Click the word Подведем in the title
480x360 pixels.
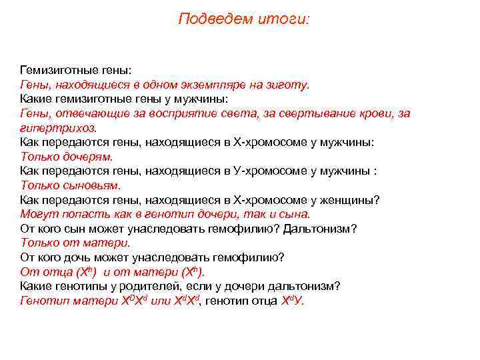pyautogui.click(x=206, y=19)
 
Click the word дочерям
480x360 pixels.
pyautogui.click(x=87, y=157)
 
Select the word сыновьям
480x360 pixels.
pyautogui.click(x=91, y=185)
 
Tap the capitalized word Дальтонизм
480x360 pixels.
pyautogui.click(x=320, y=229)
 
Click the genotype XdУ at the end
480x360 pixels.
pyautogui.click(x=291, y=301)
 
